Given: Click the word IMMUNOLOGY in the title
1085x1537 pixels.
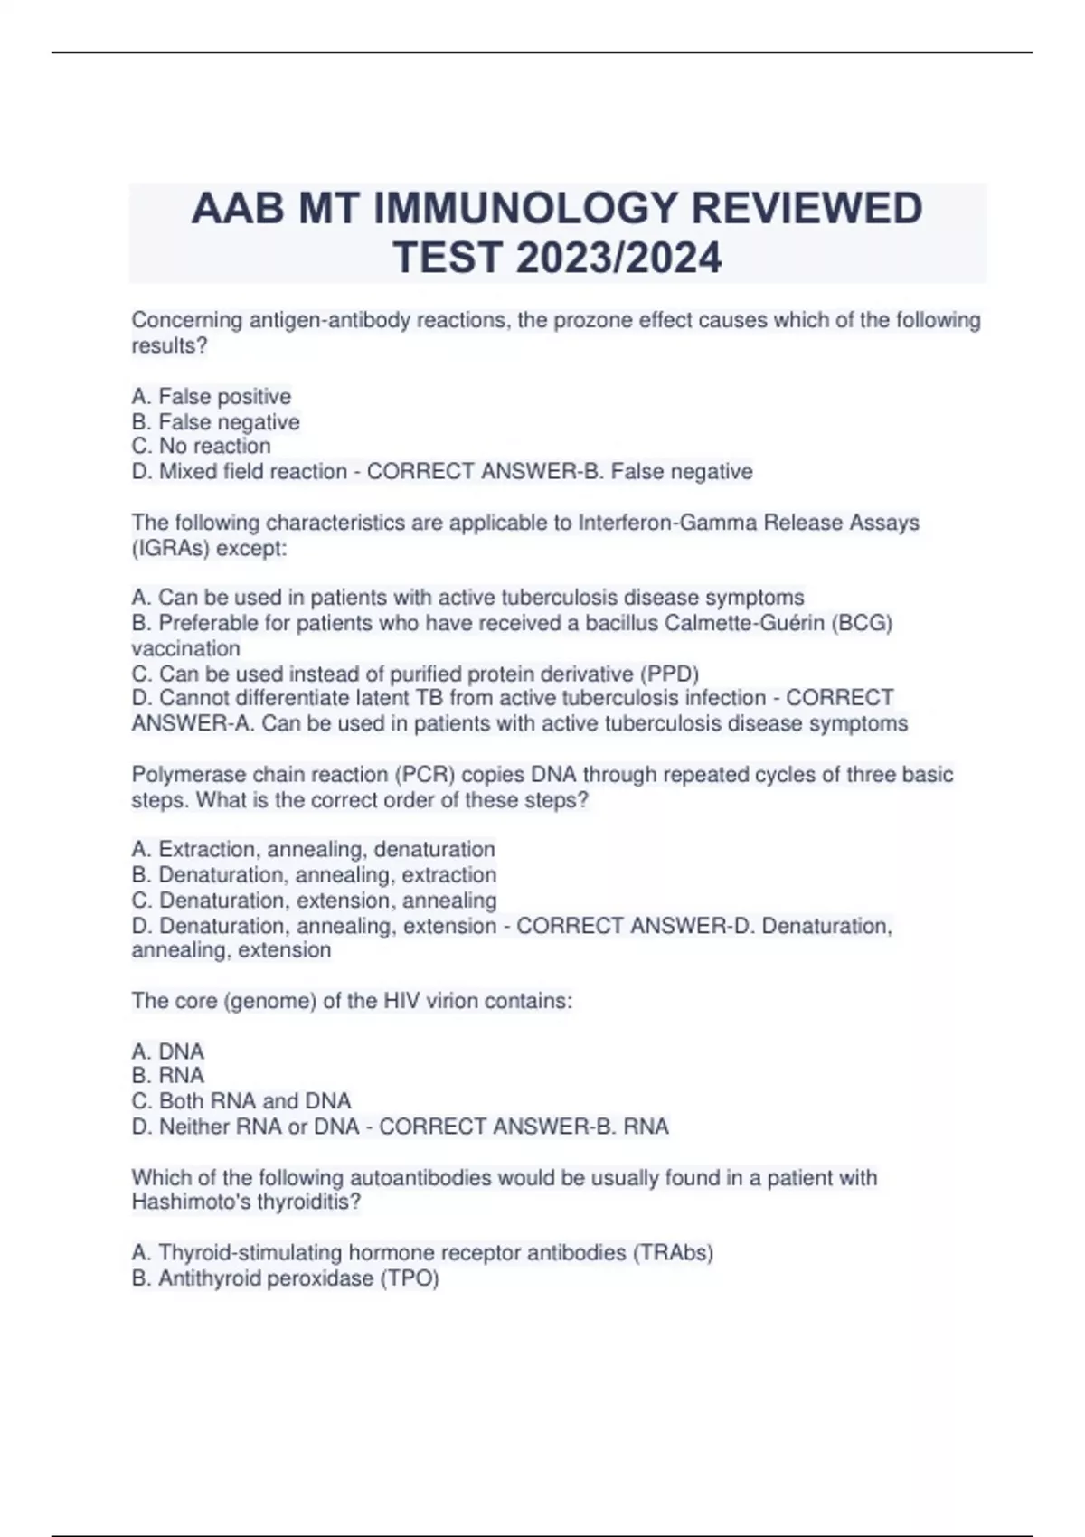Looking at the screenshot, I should (525, 210).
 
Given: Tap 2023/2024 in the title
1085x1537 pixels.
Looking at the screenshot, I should (619, 258).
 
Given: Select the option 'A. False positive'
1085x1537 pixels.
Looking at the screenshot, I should (212, 397).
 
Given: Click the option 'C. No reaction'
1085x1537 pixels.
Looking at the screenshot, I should (201, 447).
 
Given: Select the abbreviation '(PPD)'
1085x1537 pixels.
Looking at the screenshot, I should (670, 674).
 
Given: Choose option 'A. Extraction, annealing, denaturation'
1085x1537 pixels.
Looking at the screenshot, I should (313, 850).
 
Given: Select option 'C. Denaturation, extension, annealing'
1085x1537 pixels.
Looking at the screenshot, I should (314, 901).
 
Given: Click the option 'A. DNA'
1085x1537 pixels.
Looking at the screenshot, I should (168, 1051).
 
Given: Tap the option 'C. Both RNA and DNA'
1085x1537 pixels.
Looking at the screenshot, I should (241, 1101).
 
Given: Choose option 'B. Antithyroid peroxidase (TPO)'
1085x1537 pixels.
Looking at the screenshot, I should (285, 1278).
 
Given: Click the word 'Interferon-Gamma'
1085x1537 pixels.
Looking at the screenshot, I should (665, 523).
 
